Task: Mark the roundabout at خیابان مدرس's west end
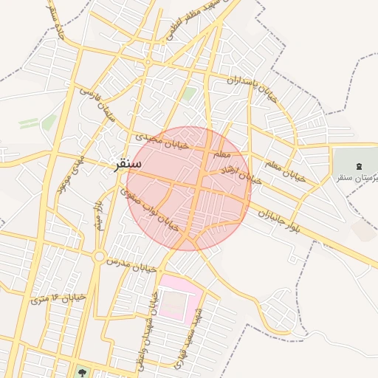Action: point(99,257)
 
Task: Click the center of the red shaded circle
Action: point(189,189)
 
